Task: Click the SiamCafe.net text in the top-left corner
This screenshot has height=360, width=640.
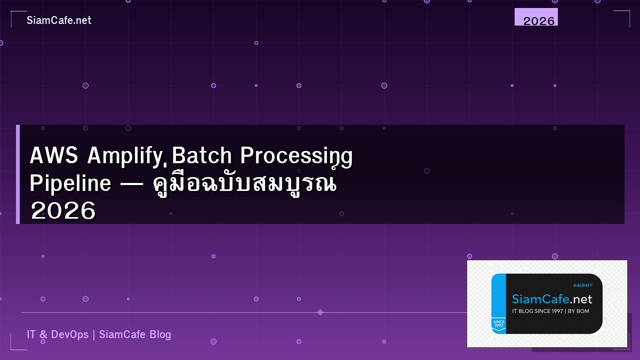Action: (59, 20)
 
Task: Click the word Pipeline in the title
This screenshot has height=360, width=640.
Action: (70, 183)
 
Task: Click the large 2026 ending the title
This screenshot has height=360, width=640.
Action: (63, 211)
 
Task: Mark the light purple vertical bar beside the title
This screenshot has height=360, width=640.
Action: (18, 174)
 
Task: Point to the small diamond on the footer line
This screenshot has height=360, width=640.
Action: (320, 312)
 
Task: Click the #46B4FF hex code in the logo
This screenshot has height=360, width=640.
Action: (582, 285)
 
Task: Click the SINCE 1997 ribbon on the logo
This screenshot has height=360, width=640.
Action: (499, 324)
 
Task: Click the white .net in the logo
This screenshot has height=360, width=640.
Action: (580, 299)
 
